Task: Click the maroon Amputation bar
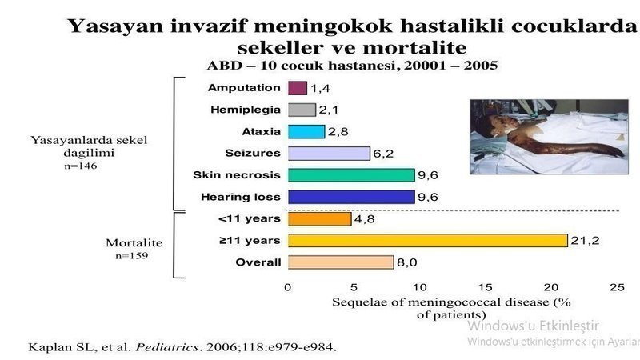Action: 297,88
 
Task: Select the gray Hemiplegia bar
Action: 302,110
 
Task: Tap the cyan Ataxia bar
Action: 306,132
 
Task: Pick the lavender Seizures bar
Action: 329,154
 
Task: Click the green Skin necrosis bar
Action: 351,175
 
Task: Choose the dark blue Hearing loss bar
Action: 351,197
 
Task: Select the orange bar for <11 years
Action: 319,218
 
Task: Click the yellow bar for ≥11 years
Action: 428,241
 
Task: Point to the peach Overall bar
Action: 341,262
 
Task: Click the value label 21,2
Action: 585,241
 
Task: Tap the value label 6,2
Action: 383,154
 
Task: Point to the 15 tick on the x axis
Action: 485,287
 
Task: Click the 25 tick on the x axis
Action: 617,287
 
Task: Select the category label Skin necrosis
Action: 237,175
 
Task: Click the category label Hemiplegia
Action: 246,110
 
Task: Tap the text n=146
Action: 81,166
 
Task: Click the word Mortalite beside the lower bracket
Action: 134,243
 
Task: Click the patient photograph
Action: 549,137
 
